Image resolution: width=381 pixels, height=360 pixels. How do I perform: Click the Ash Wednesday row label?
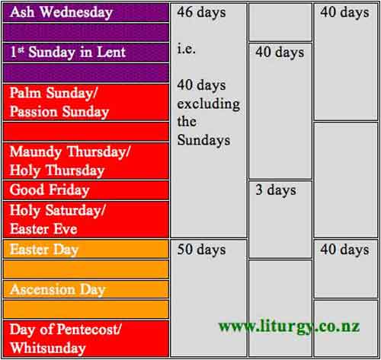(61, 12)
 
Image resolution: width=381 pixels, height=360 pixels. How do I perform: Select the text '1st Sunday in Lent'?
(68, 53)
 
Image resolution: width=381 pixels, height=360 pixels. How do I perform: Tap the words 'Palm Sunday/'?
(53, 93)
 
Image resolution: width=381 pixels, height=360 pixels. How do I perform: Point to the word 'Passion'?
(34, 112)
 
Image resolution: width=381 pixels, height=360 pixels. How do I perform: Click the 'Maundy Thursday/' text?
(70, 152)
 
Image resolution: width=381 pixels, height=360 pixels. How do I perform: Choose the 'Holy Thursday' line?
(57, 170)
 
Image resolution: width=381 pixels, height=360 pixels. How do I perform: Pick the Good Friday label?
(50, 190)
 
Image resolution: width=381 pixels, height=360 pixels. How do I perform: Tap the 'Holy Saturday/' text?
(57, 211)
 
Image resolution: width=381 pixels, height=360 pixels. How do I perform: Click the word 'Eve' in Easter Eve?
(66, 229)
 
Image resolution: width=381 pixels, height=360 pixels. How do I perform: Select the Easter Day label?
(44, 250)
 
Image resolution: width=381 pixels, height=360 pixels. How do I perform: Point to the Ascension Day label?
(58, 290)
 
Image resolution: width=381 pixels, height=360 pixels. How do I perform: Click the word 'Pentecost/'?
(89, 330)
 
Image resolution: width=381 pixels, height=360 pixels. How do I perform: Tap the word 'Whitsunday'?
(48, 349)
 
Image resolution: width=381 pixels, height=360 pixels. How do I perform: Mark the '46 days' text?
(201, 12)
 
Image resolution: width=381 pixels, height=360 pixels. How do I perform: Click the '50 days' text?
(201, 250)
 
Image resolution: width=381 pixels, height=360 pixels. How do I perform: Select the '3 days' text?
(276, 190)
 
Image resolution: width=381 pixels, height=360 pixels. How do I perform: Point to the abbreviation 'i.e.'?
(187, 49)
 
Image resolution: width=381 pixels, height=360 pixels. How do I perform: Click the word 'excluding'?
(209, 104)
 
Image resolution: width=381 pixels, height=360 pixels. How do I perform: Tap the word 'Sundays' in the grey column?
(203, 140)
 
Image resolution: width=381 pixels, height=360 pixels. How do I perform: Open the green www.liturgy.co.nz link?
(289, 327)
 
